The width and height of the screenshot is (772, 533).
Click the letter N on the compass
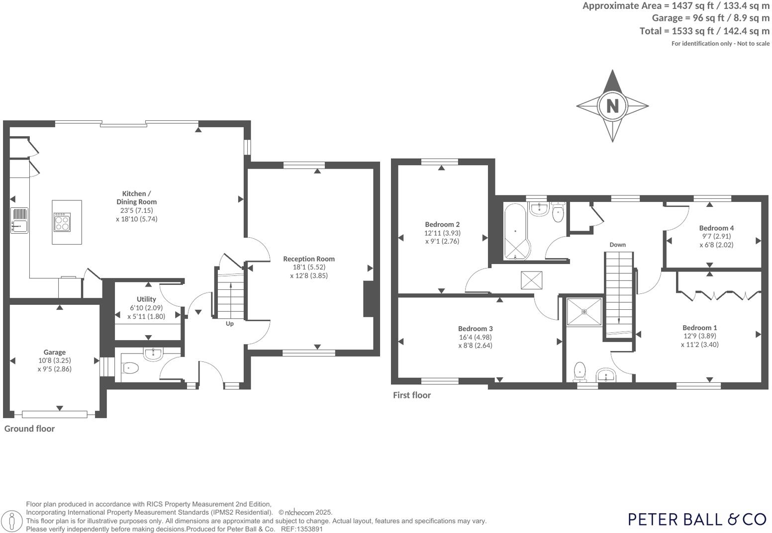[612, 106]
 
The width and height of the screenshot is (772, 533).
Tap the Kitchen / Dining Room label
[136, 197]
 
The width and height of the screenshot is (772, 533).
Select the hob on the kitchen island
[62, 222]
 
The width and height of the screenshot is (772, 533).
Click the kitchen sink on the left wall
[19, 220]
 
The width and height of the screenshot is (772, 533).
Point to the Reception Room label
[309, 259]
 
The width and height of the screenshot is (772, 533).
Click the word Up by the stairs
[230, 324]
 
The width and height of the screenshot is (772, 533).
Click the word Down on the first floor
[617, 245]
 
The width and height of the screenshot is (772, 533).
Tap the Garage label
[55, 352]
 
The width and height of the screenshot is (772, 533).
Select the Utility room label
[146, 299]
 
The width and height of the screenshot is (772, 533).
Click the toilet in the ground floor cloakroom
[130, 368]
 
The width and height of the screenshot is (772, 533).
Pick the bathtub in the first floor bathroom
[515, 231]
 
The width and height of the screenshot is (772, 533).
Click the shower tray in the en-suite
[584, 312]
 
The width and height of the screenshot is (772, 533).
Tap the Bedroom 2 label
[442, 224]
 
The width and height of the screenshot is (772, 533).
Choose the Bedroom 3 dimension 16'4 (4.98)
[475, 337]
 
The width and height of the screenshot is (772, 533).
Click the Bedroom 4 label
[716, 228]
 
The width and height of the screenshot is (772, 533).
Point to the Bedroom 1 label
[699, 327]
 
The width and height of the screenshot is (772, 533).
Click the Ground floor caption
[29, 429]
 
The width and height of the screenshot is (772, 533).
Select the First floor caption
[412, 395]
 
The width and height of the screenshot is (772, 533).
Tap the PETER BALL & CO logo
[697, 519]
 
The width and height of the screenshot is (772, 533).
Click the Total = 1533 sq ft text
[704, 31]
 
